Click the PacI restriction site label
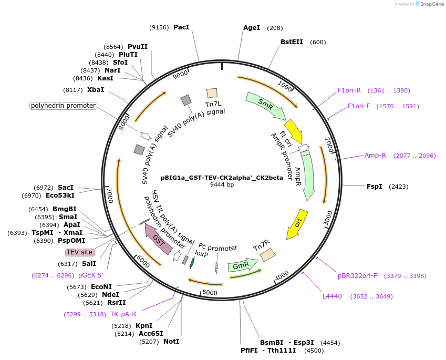pyautogui.click(x=181, y=27)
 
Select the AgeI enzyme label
pyautogui.click(x=252, y=27)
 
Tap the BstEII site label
pyautogui.click(x=292, y=42)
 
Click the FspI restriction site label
pyautogui.click(x=375, y=186)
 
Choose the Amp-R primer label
pyautogui.click(x=375, y=156)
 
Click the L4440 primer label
pyautogui.click(x=332, y=296)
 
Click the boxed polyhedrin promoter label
pyautogui.click(x=63, y=106)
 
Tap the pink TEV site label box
pyautogui.click(x=80, y=252)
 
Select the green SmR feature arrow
pyautogui.click(x=266, y=105)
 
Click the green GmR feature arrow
pyautogui.click(x=242, y=265)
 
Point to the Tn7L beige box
pyautogui.click(x=212, y=93)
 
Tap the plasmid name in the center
pyautogui.click(x=222, y=177)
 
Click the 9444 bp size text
pyautogui.click(x=222, y=185)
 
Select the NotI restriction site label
pyautogui.click(x=171, y=342)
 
